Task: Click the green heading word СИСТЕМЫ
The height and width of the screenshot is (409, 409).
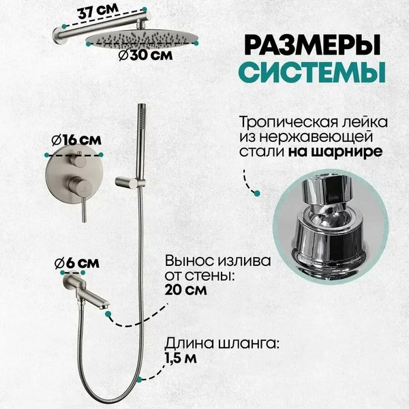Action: pos(313,70)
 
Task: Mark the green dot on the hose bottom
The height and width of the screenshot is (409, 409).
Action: pos(139,377)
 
